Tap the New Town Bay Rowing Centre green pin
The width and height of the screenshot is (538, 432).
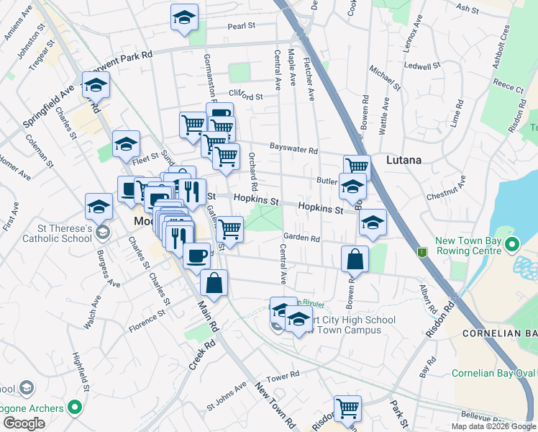coord(511,245)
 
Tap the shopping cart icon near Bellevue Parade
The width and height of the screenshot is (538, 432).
coord(348,408)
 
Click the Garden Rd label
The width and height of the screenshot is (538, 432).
coord(301,238)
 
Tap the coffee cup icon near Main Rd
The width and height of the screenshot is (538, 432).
coord(196,255)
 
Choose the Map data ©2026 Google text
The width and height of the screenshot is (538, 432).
coord(492,426)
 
